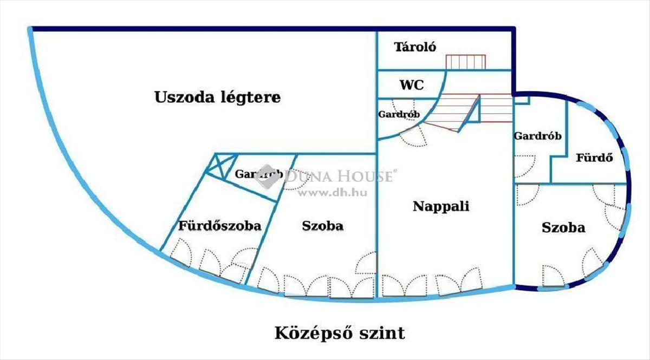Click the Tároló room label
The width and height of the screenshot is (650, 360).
pyautogui.click(x=415, y=47)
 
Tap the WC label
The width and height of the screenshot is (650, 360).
pyautogui.click(x=412, y=85)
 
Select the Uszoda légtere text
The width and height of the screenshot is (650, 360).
pyautogui.click(x=218, y=97)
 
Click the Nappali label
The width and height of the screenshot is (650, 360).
pyautogui.click(x=441, y=206)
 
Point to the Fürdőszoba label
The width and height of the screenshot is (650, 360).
pyautogui.click(x=220, y=225)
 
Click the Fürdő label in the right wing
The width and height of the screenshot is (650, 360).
pyautogui.click(x=595, y=158)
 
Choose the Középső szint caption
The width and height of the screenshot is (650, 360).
pyautogui.click(x=340, y=333)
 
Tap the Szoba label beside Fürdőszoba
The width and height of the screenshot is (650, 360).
pyautogui.click(x=323, y=226)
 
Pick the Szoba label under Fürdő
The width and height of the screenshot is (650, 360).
pyautogui.click(x=563, y=228)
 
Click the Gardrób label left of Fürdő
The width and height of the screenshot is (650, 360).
pyautogui.click(x=538, y=136)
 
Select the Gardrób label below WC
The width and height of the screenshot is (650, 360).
pyautogui.click(x=399, y=114)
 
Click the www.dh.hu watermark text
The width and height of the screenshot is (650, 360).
pyautogui.click(x=333, y=193)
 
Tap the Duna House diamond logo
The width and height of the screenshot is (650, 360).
pyautogui.click(x=266, y=176)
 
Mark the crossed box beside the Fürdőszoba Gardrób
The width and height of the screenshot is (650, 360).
pyautogui.click(x=221, y=166)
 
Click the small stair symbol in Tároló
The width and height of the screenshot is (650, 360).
pyautogui.click(x=466, y=62)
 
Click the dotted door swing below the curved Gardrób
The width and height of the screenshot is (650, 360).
pyautogui.click(x=413, y=137)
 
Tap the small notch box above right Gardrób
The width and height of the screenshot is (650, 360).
pyautogui.click(x=522, y=100)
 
